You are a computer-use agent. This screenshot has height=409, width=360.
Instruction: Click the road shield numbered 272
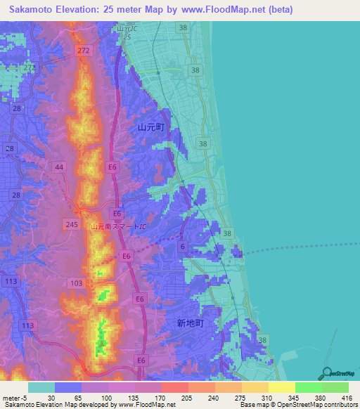(x=84, y=51)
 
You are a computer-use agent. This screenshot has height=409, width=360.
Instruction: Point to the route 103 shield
(x=77, y=283)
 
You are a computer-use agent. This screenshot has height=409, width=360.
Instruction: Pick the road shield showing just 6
(x=182, y=245)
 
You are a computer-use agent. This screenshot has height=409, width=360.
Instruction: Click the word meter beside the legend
(x=11, y=398)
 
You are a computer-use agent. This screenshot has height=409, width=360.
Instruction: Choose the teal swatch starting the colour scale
(x=41, y=387)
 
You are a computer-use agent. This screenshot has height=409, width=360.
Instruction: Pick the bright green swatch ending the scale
(x=335, y=387)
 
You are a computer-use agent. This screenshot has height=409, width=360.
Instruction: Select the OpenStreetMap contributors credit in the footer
(x=314, y=405)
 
